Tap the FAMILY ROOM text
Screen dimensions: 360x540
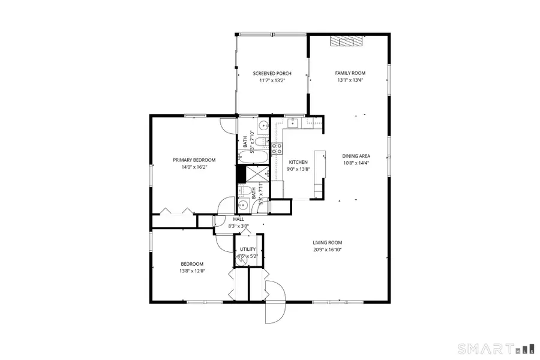(x=350, y=73)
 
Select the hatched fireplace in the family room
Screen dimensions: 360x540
(x=347, y=40)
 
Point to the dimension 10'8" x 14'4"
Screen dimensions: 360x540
(x=356, y=163)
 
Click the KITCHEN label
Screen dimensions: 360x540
(x=298, y=162)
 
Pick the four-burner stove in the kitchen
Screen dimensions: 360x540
(x=277, y=148)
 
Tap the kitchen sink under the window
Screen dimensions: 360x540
(x=293, y=123)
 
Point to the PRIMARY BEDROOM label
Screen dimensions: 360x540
(x=194, y=160)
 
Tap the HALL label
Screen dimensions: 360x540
(x=238, y=220)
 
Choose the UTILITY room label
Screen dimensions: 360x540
(x=248, y=249)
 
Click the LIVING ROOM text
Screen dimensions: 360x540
(x=327, y=242)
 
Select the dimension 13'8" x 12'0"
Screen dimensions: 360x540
(x=192, y=271)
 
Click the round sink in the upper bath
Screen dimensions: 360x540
(x=263, y=127)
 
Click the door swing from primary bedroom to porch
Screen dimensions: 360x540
(x=229, y=125)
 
